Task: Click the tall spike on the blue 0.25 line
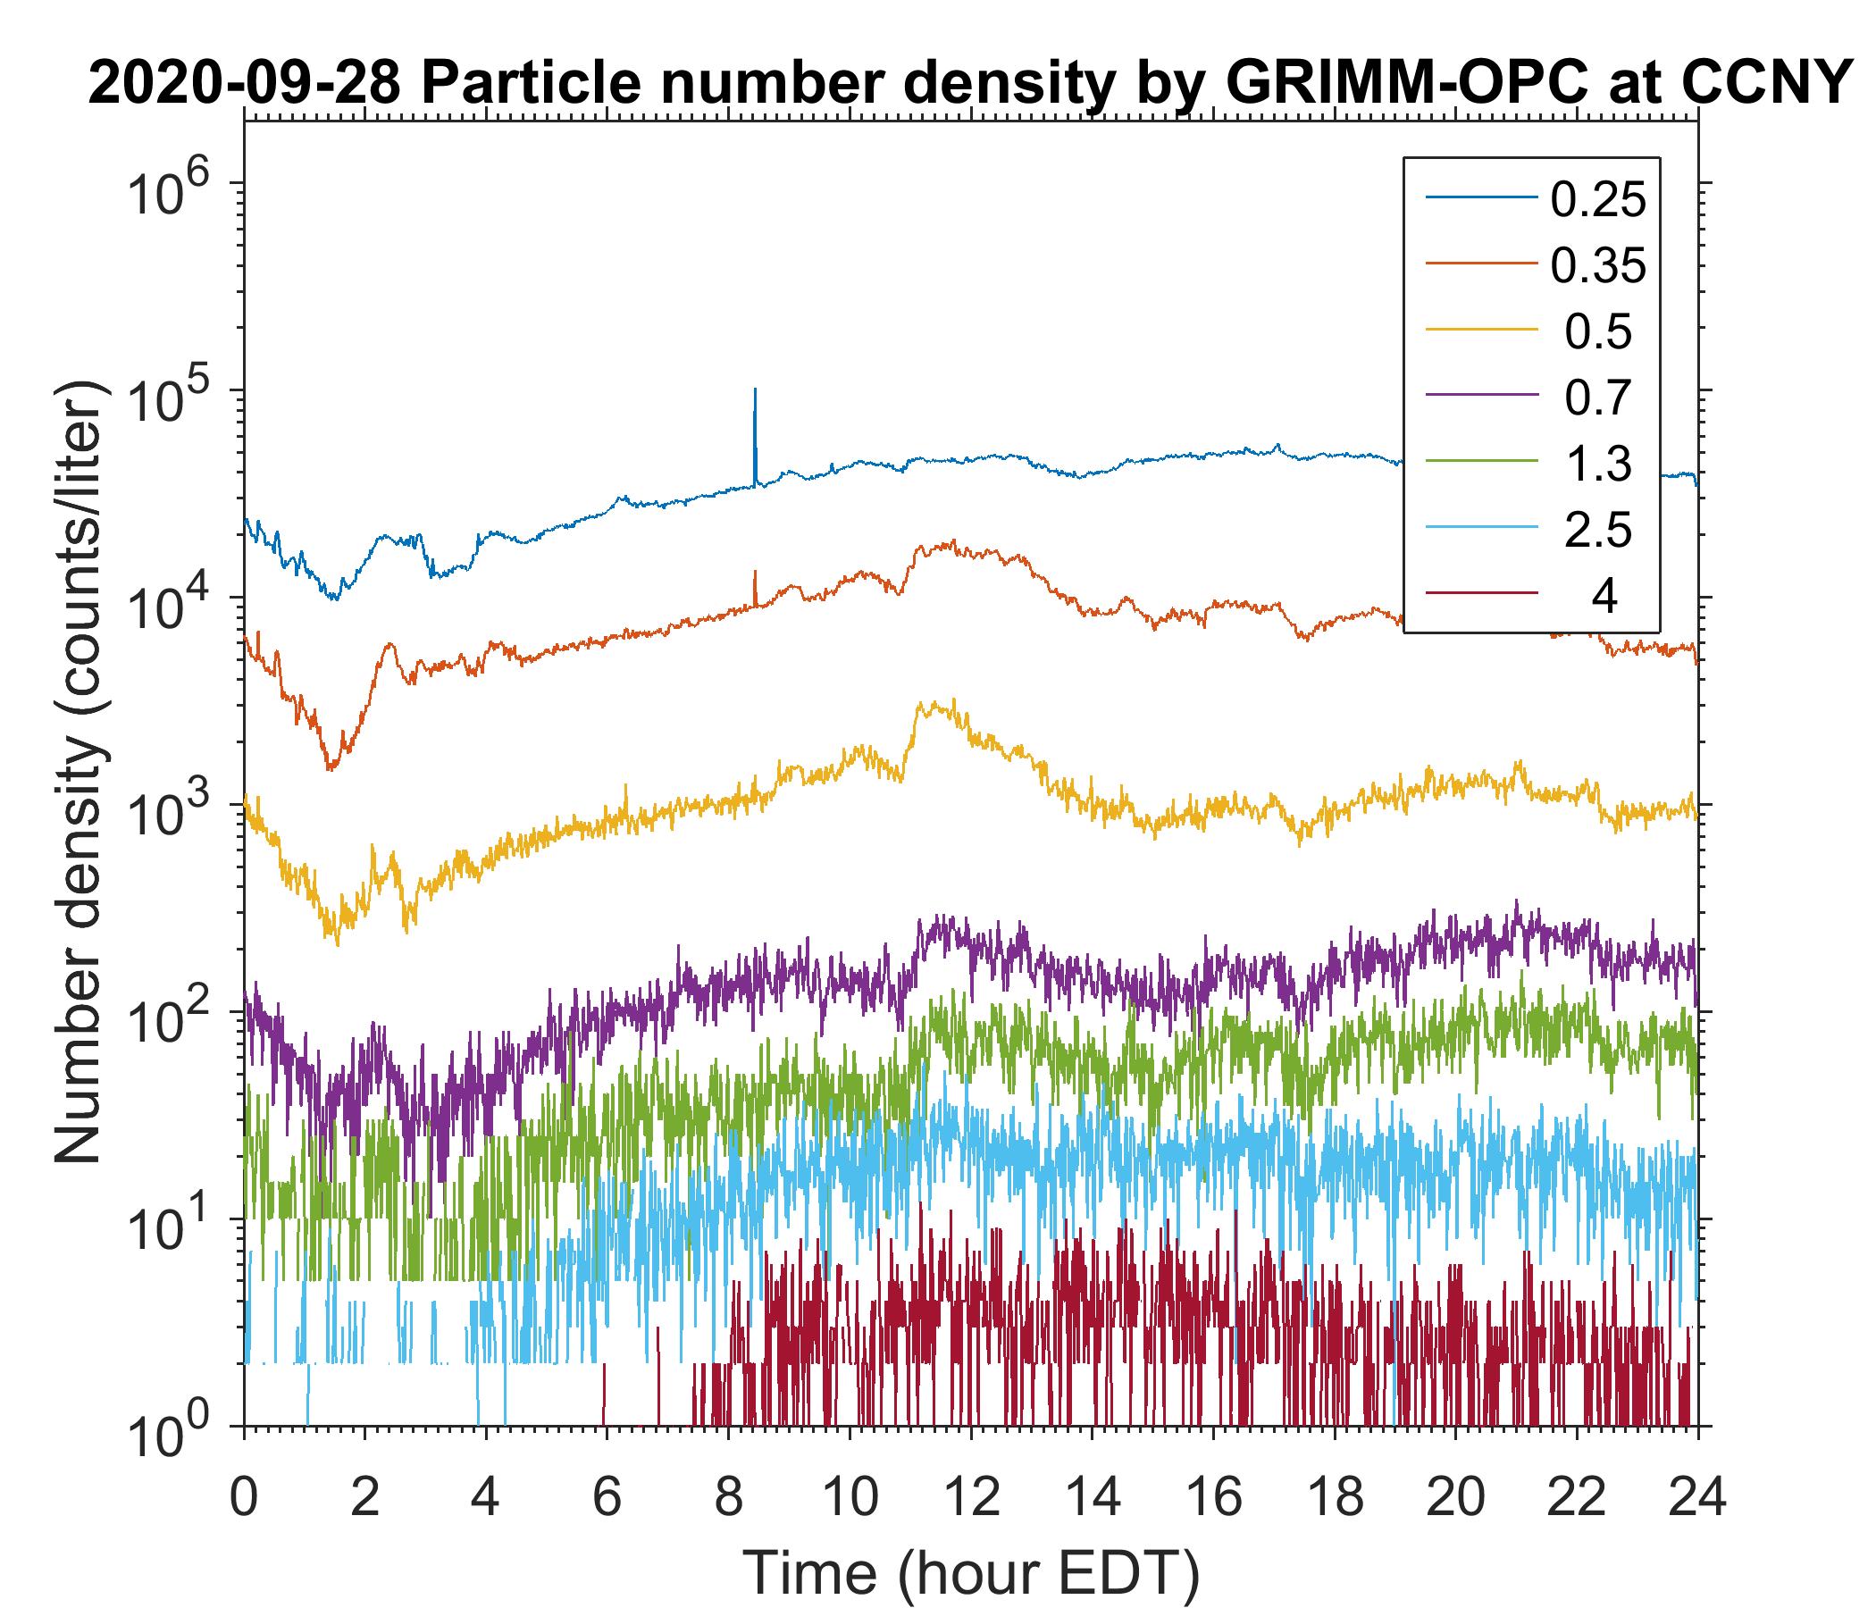[x=755, y=407]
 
